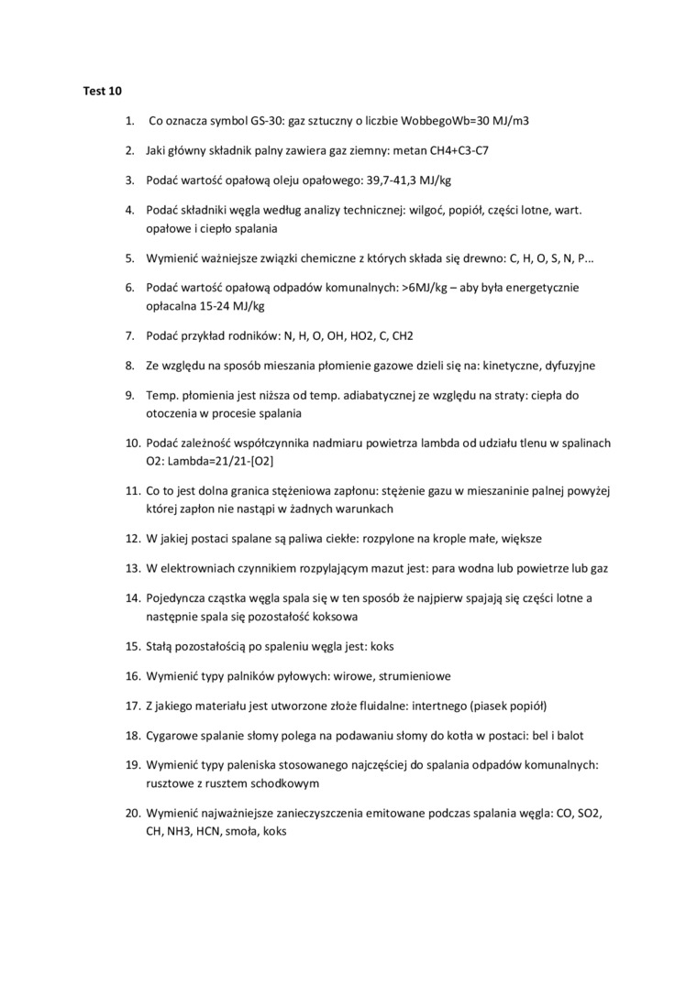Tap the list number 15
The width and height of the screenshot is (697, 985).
(132, 646)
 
